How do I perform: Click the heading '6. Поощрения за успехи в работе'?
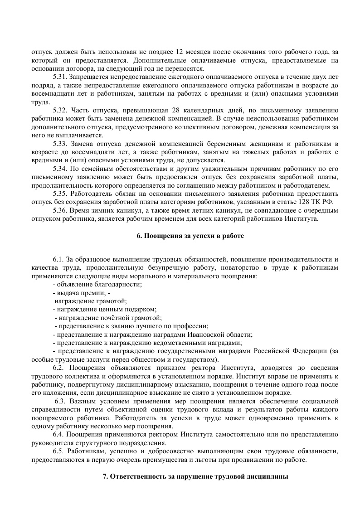tap(190, 236)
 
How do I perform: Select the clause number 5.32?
tap(60, 110)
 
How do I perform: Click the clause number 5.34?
tap(60, 168)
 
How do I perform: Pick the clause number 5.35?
tap(60, 193)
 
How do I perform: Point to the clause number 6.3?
tap(61, 401)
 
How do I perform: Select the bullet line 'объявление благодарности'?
tap(97, 284)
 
